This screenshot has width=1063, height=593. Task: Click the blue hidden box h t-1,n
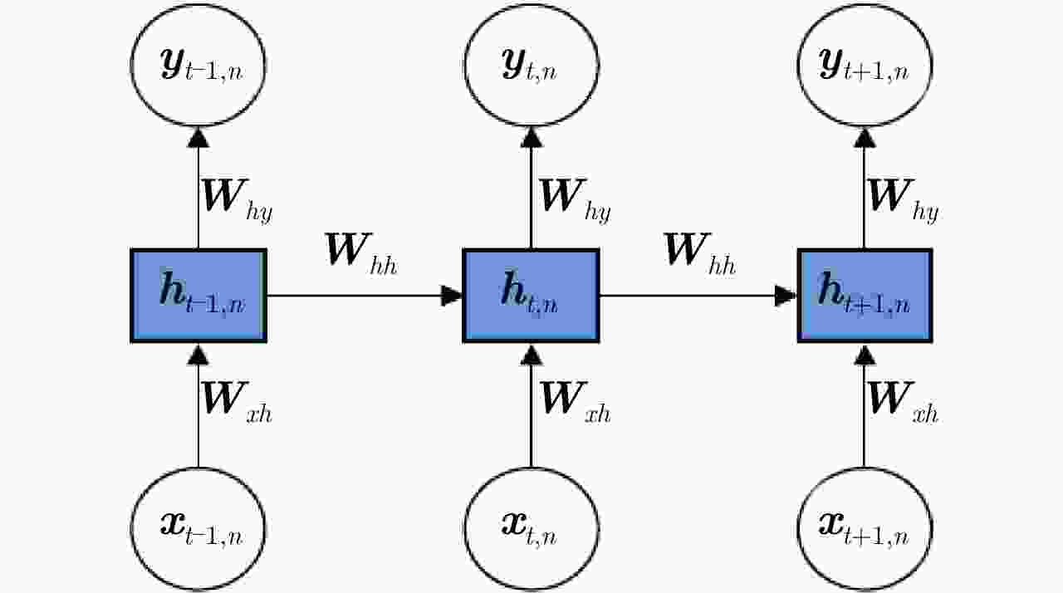point(198,296)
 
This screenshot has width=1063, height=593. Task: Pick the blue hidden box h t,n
point(531,296)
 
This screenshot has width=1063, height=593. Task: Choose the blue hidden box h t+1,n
point(865,296)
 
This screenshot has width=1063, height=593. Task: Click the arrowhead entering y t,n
point(531,139)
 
